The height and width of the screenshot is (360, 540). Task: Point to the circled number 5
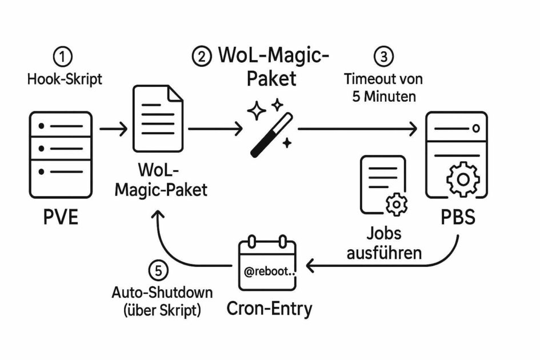(158, 269)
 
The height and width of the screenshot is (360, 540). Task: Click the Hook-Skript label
(65, 79)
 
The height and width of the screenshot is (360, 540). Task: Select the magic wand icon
(269, 129)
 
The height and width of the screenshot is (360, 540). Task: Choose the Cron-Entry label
(270, 309)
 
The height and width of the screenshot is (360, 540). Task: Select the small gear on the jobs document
(394, 204)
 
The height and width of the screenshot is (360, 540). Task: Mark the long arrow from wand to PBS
(357, 130)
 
